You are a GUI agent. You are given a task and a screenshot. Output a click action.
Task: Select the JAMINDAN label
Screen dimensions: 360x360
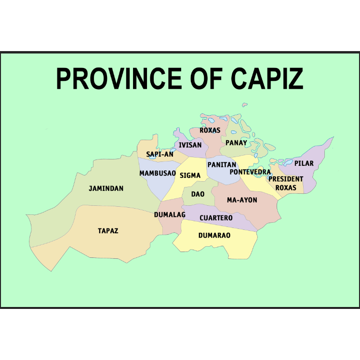coord(106,188)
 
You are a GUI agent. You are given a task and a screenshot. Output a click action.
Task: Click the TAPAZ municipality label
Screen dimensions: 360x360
coord(108,231)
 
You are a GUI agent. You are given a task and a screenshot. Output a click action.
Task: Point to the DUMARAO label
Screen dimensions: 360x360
coord(214,236)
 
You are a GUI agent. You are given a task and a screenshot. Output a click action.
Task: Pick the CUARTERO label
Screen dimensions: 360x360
coord(216,218)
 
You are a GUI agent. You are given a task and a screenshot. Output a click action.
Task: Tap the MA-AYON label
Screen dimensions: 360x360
coord(242,200)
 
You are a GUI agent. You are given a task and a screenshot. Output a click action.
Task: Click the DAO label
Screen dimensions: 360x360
coord(198,194)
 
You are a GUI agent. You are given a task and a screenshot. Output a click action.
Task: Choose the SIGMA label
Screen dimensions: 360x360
coord(190,176)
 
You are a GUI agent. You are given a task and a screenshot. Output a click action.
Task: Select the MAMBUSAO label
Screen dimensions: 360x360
coord(158,173)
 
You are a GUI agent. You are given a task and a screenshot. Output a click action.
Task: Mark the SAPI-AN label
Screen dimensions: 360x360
coord(160,154)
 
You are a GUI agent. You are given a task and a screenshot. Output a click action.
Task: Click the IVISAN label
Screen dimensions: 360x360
coord(190,145)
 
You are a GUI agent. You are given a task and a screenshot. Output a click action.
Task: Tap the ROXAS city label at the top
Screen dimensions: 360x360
coord(210,131)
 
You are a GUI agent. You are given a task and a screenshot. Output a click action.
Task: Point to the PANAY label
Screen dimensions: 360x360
coord(236,143)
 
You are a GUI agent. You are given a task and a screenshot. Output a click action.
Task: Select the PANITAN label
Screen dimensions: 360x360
coord(222,165)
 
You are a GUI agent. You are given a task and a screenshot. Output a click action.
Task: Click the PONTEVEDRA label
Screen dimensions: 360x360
coord(250,172)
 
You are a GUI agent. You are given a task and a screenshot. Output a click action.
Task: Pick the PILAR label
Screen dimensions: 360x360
coord(304,163)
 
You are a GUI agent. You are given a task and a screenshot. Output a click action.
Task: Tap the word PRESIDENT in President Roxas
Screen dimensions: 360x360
coord(286,179)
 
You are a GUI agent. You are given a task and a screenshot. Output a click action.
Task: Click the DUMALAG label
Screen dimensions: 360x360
coord(170,215)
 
